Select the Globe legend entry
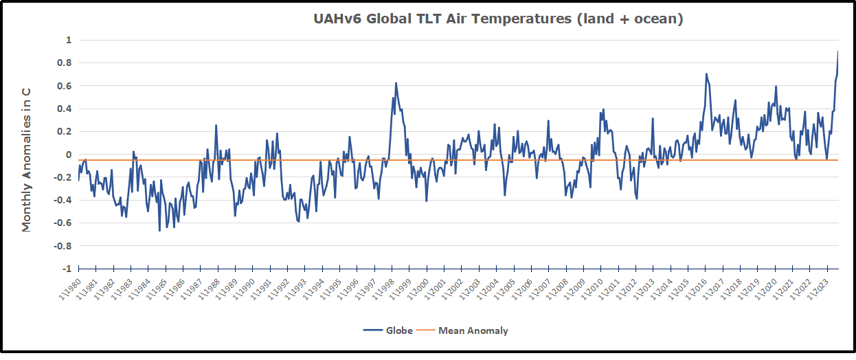pos(389,330)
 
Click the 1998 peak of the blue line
pos(396,83)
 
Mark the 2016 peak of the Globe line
pos(706,74)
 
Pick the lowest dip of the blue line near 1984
pos(159,231)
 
